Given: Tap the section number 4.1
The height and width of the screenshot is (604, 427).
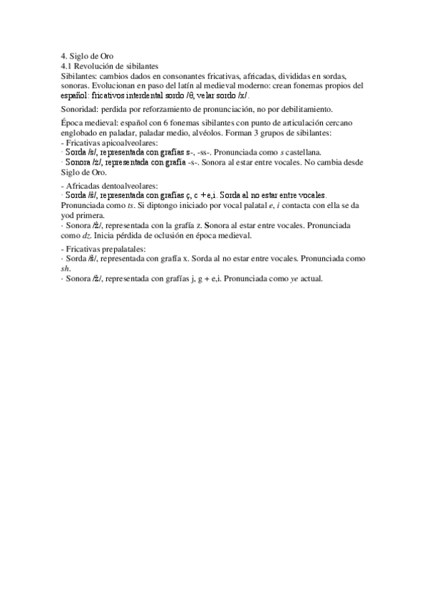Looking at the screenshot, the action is pyautogui.click(x=67, y=65).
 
